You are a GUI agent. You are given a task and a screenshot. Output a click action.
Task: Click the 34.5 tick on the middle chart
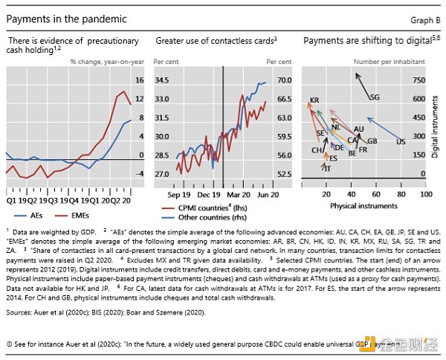[162, 80]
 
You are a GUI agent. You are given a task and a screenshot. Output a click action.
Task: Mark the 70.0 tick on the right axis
[284, 80]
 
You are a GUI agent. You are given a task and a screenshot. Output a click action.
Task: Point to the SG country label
[374, 97]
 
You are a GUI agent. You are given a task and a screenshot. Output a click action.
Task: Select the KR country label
[314, 100]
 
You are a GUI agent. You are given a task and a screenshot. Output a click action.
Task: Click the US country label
[401, 141]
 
